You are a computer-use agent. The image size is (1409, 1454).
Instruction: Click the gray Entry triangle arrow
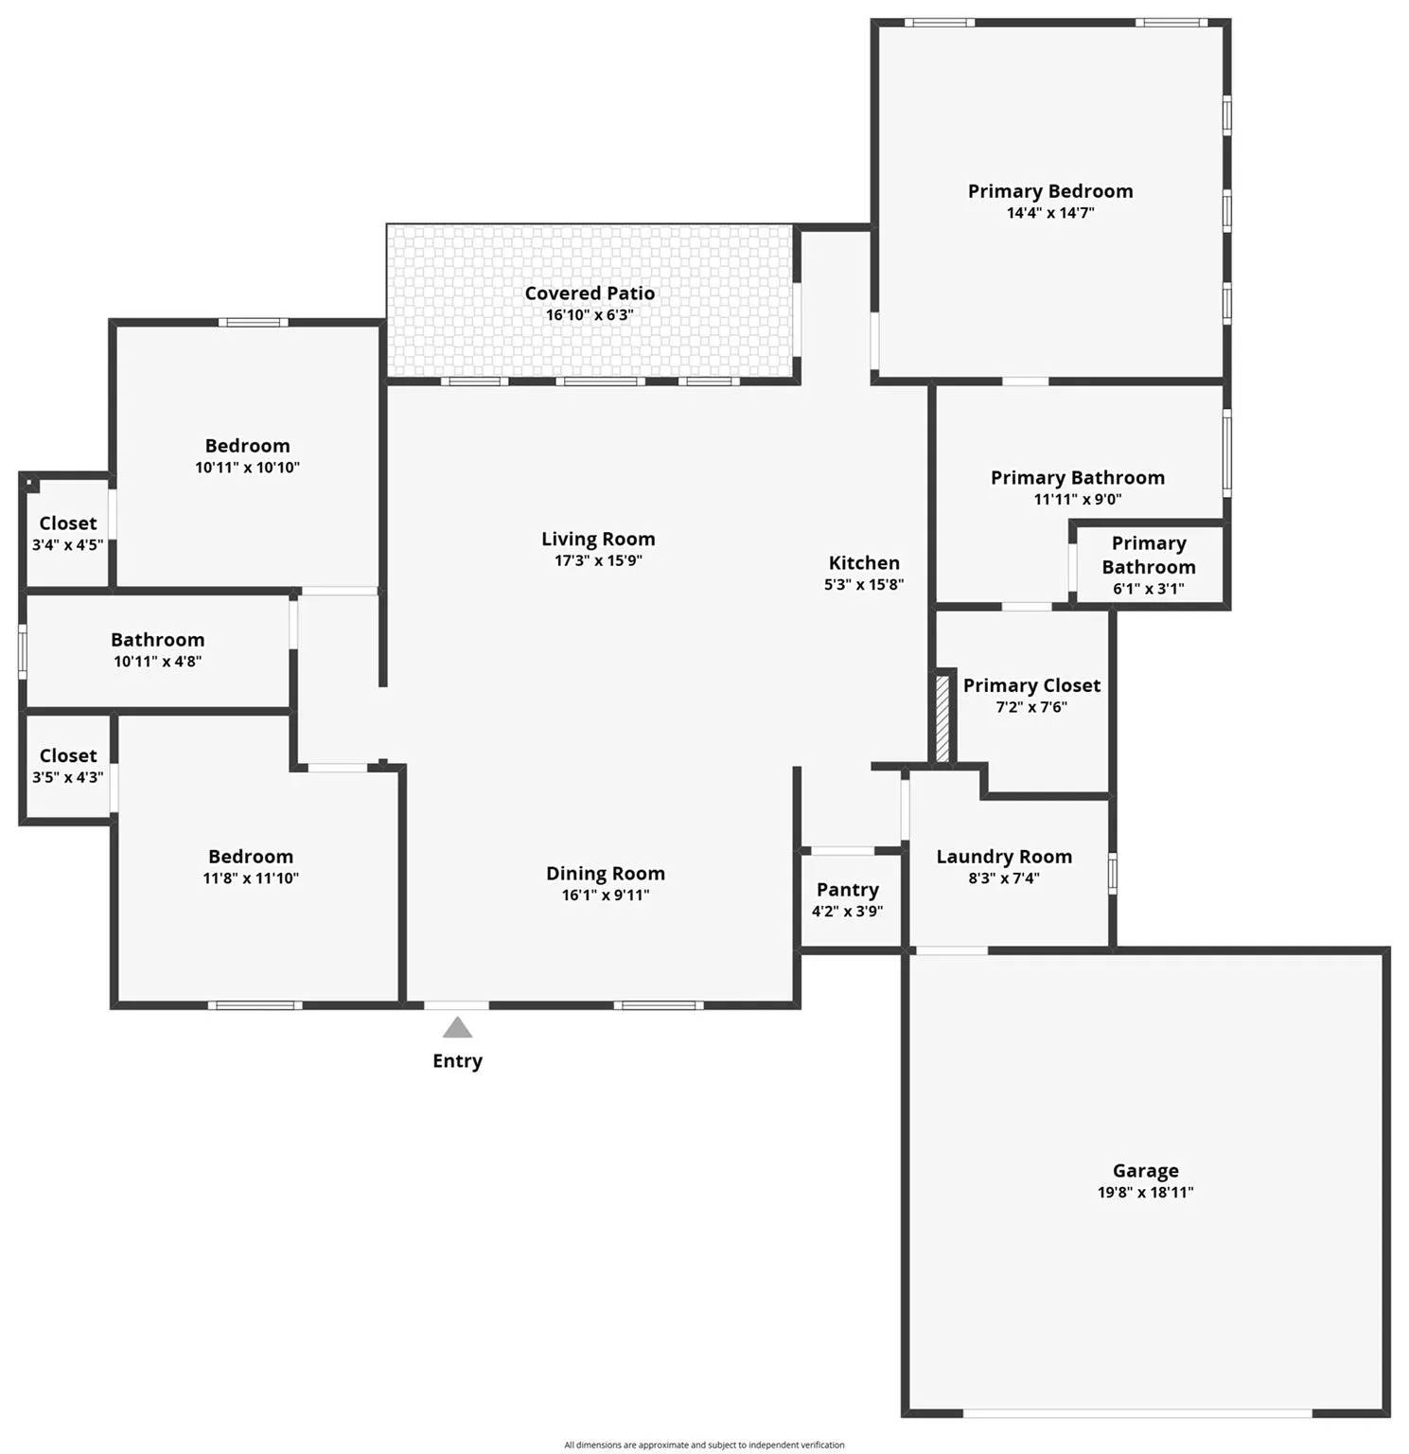tap(457, 1028)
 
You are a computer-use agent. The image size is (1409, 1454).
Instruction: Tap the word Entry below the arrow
tap(457, 1061)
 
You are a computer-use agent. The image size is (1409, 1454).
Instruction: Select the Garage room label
tap(1145, 1171)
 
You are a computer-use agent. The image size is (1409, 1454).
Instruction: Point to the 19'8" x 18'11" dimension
tap(1145, 1193)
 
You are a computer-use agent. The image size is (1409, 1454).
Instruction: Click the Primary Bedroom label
tap(1049, 191)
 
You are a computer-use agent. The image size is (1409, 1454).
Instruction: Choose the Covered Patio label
tap(590, 293)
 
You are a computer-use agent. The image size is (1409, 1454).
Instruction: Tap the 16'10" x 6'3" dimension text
tap(590, 315)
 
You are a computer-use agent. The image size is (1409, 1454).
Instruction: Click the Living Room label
tap(598, 539)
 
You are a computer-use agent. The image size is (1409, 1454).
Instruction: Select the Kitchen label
tap(864, 563)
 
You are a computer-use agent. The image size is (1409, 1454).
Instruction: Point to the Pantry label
tap(847, 890)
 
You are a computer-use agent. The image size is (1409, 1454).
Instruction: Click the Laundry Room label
tap(1004, 857)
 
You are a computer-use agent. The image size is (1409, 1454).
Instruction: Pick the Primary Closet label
tap(1031, 685)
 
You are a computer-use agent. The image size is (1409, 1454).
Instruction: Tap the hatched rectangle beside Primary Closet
tap(942, 717)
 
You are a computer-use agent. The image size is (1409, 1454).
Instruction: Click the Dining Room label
tap(605, 874)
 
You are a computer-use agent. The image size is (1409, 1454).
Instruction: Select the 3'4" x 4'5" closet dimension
tap(67, 545)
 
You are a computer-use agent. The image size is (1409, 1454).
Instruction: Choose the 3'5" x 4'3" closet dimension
tap(67, 777)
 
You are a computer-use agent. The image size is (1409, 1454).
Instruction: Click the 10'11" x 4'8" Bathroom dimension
tap(157, 662)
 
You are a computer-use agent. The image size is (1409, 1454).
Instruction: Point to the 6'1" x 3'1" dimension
tap(1148, 589)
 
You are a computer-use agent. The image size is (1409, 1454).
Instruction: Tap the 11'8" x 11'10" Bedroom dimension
tap(250, 878)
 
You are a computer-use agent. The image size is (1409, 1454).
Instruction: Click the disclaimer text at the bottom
tap(704, 1445)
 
